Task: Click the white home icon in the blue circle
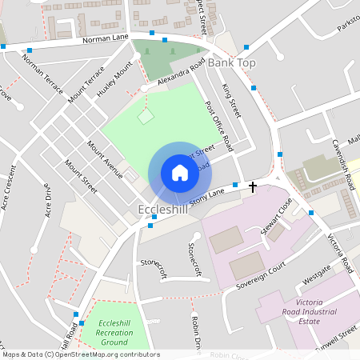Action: tap(180, 173)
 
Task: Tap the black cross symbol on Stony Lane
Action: tap(253, 187)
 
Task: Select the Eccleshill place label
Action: tap(162, 210)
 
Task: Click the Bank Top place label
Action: tap(231, 62)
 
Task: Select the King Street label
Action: tap(231, 101)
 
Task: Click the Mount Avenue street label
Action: tap(105, 159)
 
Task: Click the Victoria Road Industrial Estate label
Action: tap(320, 311)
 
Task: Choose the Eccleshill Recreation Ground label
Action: tap(113, 332)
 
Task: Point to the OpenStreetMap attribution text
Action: tap(80, 354)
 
